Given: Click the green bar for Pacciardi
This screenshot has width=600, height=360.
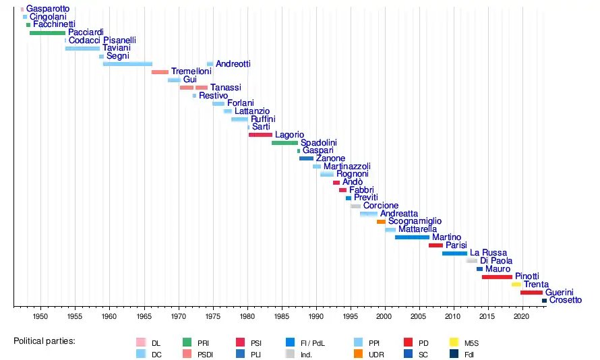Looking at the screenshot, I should coord(47,32).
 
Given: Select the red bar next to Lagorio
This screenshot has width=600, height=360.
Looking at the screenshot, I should coord(260,135).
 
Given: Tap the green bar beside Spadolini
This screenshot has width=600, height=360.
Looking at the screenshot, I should coord(284,143).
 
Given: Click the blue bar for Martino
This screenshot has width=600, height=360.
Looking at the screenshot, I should coord(412,237).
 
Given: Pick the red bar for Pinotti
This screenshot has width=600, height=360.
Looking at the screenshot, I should coord(497,276).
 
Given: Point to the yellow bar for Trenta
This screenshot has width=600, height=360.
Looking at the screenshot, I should coord(516,284).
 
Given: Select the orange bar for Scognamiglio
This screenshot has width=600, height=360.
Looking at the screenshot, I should coord(381,221).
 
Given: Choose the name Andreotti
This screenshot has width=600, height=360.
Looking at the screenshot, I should coord(233,64).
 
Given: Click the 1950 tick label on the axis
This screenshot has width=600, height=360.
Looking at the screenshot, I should coord(40,316).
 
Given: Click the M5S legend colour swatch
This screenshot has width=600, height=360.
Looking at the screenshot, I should coord(454,342).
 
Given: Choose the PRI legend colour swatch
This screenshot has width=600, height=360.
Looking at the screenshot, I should coord(187,342).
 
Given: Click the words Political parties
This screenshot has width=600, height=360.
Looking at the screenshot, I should coord(44,341).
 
